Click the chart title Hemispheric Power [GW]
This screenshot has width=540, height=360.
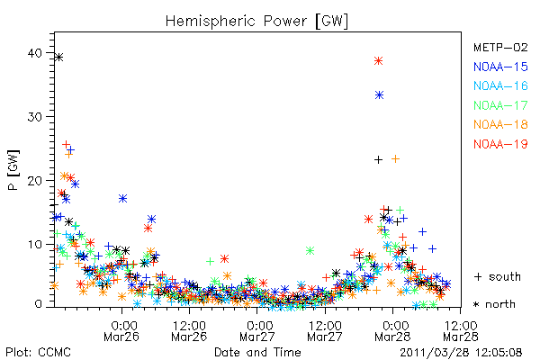tap(256, 22)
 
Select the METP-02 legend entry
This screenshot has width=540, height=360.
tap(500, 47)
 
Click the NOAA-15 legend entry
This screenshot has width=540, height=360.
tap(500, 67)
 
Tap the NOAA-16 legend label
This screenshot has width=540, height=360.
tap(500, 85)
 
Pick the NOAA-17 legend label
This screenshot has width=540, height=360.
tap(500, 105)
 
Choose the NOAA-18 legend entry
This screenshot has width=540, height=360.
tap(500, 124)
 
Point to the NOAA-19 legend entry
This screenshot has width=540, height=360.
tap(500, 144)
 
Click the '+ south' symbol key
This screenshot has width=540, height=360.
tap(498, 276)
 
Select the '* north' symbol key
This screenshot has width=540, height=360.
tap(494, 304)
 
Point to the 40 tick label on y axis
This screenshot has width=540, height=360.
tap(35, 53)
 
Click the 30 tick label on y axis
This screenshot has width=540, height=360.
tap(35, 117)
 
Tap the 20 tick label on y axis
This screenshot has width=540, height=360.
tap(35, 181)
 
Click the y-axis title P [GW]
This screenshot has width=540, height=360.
tap(13, 170)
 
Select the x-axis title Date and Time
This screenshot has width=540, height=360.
tap(257, 352)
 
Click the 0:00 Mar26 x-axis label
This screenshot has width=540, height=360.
tap(121, 330)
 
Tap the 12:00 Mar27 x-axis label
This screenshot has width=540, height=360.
tap(325, 330)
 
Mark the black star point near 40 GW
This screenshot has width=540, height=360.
tap(59, 58)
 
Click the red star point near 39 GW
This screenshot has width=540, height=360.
tap(379, 61)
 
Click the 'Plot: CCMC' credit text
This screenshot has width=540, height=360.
tap(38, 352)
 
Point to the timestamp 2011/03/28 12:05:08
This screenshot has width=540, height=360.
tap(461, 353)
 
